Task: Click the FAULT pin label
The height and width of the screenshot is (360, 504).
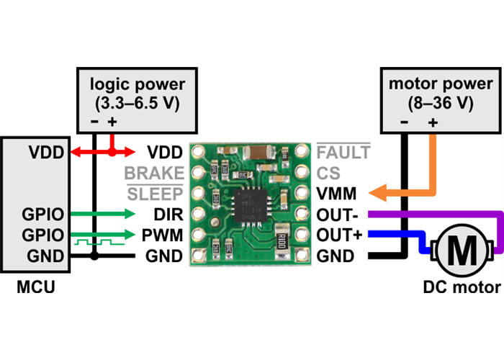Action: point(343,153)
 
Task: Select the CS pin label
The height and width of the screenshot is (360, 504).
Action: point(328,174)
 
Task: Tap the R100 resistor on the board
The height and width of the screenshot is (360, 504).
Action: point(281,240)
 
